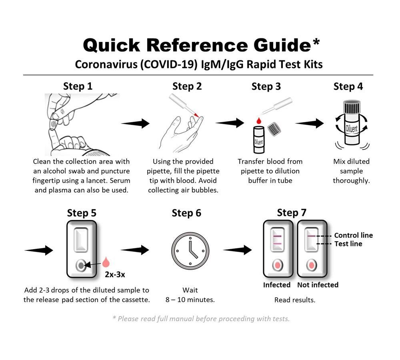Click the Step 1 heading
tap(78, 86)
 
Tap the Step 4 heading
tap(348, 86)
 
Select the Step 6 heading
tap(186, 213)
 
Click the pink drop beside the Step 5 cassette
tap(106, 262)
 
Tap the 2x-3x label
tap(115, 274)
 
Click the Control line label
tap(353, 235)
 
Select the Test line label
tap(348, 244)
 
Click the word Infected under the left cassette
tap(277, 285)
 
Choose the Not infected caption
tap(318, 285)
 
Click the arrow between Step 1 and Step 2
tap(135, 124)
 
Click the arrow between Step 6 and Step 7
tap(237, 250)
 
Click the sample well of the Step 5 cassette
tap(81, 265)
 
